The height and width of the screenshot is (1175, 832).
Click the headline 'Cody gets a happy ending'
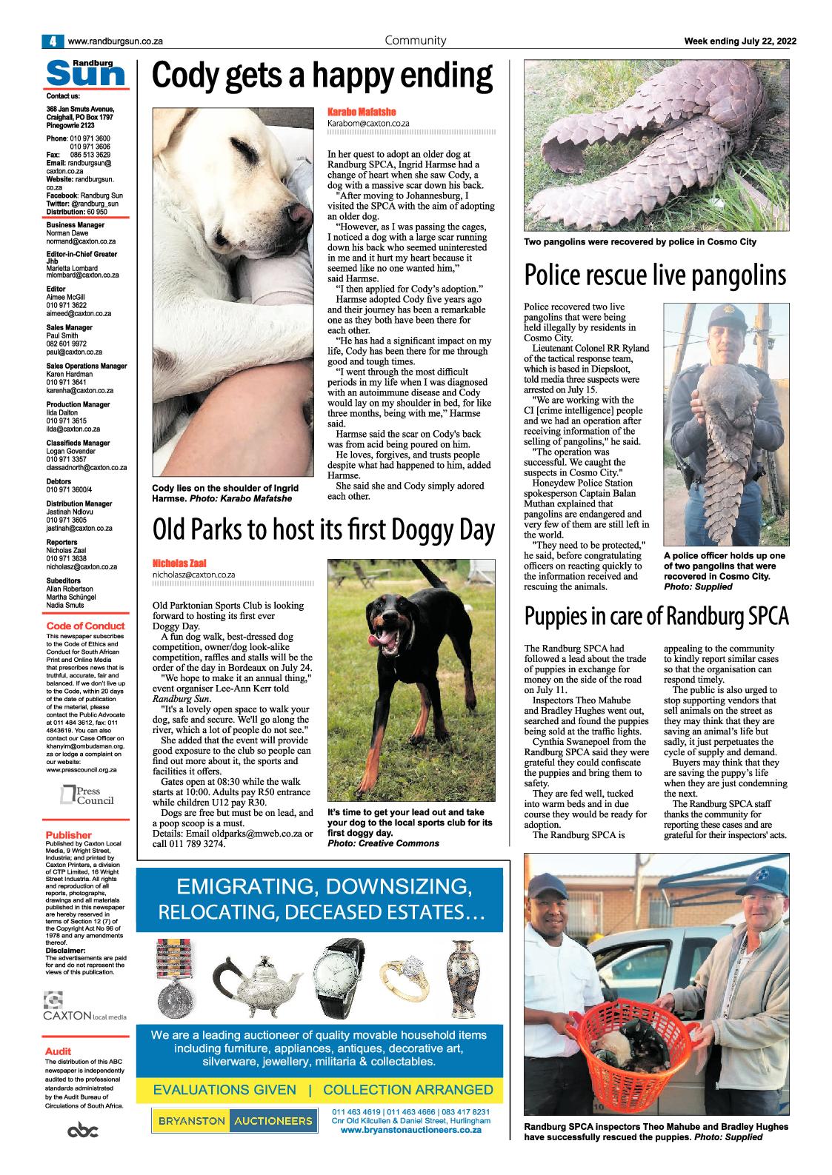pos(322,76)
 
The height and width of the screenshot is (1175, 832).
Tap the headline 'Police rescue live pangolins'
pos(655,275)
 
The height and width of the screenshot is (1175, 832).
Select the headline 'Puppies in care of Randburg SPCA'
pos(656,615)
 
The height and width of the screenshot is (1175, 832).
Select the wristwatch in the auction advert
pos(337,976)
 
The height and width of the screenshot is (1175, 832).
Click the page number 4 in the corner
pos(53,41)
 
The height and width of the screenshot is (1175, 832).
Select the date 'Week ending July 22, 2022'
pos(739,41)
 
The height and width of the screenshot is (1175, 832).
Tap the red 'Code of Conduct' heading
pos(85,626)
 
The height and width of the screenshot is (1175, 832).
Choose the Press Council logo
pos(87,796)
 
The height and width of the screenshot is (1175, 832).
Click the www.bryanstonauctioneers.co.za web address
pos(411,1131)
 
